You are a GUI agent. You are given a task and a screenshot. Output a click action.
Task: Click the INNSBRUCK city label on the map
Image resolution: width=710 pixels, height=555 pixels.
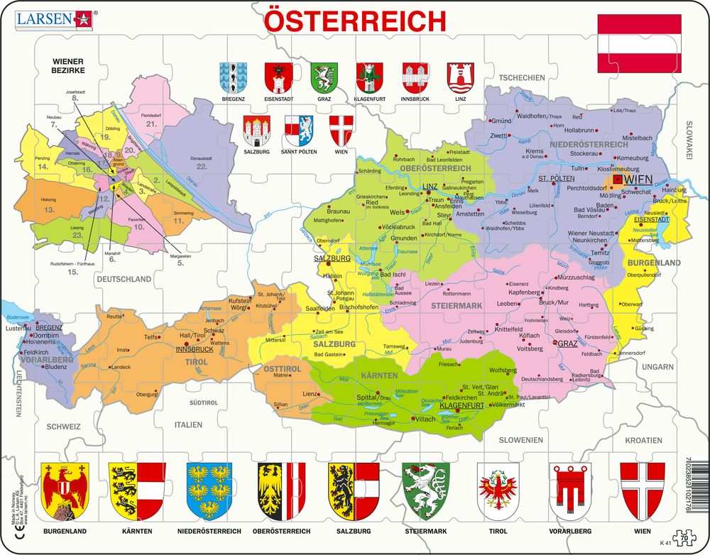[x=194, y=349]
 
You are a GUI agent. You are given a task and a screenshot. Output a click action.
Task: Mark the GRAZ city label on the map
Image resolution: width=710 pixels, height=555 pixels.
[x=568, y=344]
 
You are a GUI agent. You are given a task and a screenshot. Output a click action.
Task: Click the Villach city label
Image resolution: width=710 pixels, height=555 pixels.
[x=425, y=419]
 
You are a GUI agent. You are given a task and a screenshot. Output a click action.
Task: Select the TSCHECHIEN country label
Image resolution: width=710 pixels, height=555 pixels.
[x=521, y=78]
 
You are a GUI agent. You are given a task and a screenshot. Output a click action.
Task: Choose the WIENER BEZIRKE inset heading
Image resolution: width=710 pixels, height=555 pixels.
[x=67, y=67]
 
